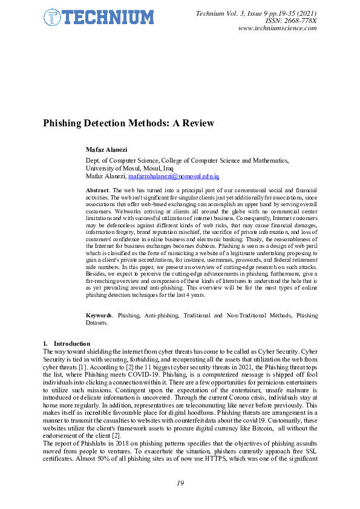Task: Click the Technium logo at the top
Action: pyautogui.click(x=99, y=18)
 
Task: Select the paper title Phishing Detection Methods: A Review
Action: pyautogui.click(x=128, y=123)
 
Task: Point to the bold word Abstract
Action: pyautogui.click(x=97, y=190)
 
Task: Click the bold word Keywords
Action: pyautogui.click(x=99, y=316)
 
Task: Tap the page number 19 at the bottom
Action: pyautogui.click(x=180, y=482)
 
